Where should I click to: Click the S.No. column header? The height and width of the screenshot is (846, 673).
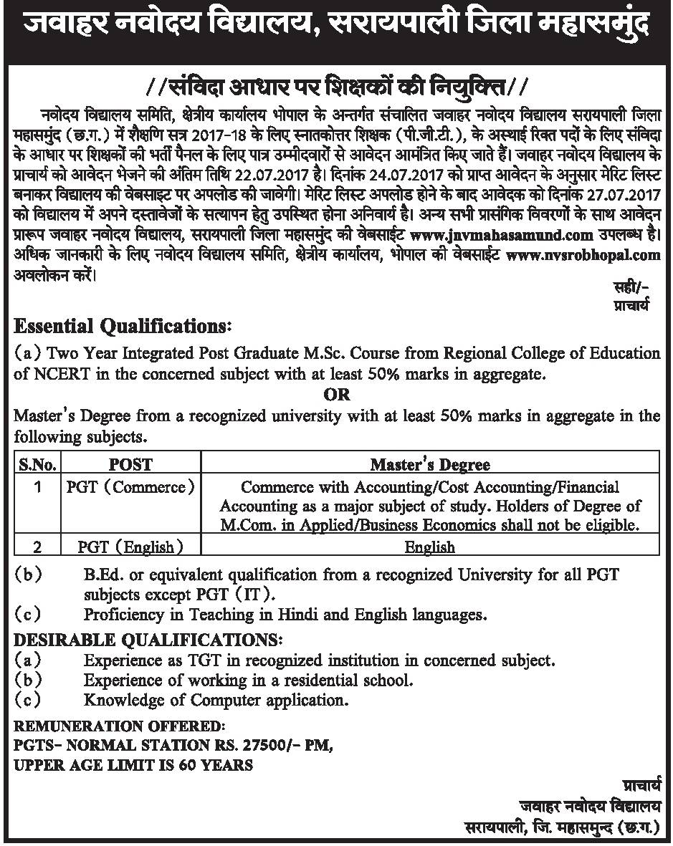(x=37, y=463)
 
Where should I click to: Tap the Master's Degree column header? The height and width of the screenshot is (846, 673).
(x=430, y=464)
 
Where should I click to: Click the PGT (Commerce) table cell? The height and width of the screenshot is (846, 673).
(x=130, y=487)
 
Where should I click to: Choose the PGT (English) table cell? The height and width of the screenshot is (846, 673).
(x=130, y=547)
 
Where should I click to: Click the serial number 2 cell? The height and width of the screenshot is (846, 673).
(x=37, y=547)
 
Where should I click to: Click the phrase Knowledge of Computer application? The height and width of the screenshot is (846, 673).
(x=216, y=699)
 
